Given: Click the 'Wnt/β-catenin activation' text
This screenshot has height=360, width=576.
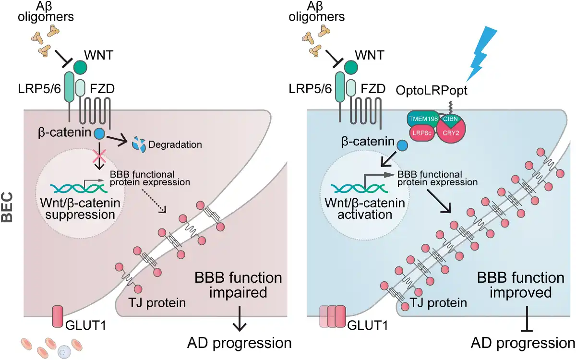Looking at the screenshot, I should pos(364,209).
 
